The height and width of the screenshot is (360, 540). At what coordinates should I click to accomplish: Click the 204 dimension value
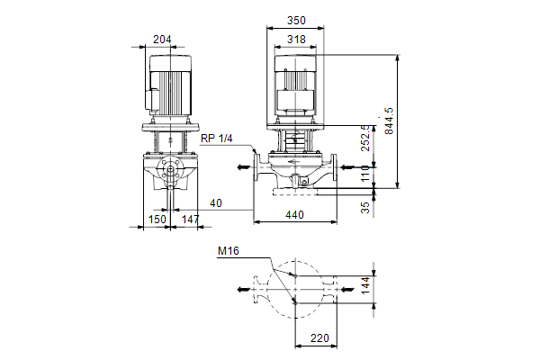[x=162, y=40]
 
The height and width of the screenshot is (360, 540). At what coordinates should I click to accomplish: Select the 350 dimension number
[x=296, y=21]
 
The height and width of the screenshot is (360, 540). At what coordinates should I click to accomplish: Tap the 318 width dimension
[x=296, y=40]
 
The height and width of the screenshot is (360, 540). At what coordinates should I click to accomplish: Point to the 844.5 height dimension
[x=388, y=121]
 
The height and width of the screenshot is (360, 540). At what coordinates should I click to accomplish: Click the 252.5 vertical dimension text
[x=365, y=138]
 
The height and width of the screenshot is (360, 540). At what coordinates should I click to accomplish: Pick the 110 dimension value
[x=365, y=174]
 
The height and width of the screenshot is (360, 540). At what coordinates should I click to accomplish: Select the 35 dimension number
[x=365, y=207]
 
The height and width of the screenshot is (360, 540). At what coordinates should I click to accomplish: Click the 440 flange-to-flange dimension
[x=295, y=215]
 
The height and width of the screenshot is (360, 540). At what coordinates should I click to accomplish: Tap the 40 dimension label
[x=216, y=203]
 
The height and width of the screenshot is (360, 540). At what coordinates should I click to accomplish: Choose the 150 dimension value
[x=157, y=219]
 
